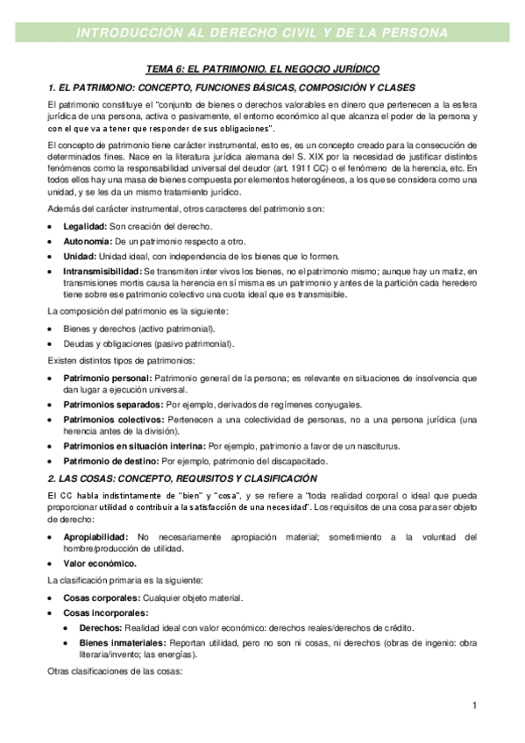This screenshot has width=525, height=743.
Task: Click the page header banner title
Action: (262, 33)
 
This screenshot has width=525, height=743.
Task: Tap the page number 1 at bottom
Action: (474, 705)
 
